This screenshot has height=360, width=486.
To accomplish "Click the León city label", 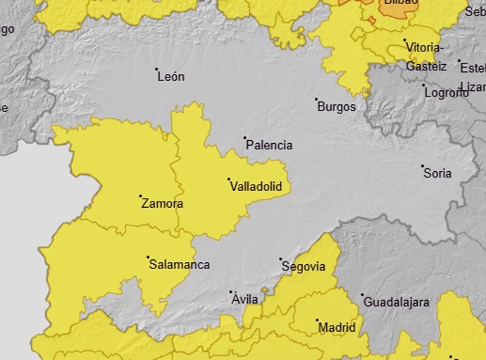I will [171, 77].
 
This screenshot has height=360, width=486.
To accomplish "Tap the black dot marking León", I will [156, 69].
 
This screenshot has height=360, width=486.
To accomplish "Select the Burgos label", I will [336, 107].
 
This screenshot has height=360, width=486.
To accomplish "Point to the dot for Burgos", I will [316, 99].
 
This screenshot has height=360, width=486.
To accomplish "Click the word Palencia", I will [268, 146].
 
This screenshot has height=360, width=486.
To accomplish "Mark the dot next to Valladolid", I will [229, 180].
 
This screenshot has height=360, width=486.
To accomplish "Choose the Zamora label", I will [162, 204].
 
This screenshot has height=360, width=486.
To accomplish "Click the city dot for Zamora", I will [140, 196].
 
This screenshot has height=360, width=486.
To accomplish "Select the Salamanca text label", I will [179, 265].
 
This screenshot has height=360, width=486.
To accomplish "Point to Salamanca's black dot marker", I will [148, 257].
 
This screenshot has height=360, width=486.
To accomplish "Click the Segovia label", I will [303, 267].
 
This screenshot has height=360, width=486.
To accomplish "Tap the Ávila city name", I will [244, 299].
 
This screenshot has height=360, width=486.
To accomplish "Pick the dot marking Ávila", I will [231, 292].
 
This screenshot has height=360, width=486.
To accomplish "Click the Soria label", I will [437, 173].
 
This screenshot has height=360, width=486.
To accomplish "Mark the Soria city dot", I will [423, 166].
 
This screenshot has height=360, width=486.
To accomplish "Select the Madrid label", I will [337, 328].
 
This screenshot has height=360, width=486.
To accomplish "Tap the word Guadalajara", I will [396, 302].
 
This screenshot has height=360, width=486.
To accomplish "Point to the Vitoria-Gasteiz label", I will [425, 56].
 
